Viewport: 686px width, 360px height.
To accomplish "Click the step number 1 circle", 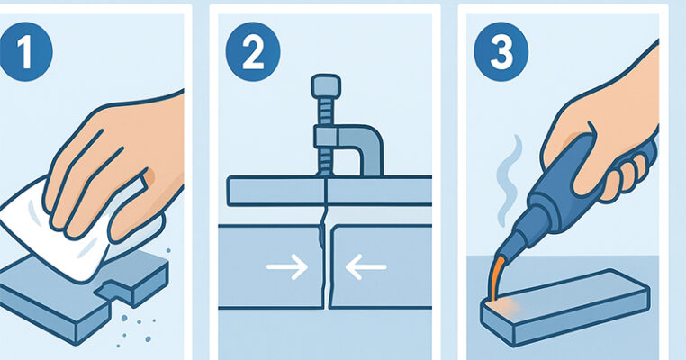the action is (x=25, y=52).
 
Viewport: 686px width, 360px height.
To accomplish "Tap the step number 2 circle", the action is (x=253, y=52).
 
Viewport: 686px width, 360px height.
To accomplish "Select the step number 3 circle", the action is (x=501, y=52).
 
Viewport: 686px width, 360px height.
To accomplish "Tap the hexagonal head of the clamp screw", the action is (x=326, y=86).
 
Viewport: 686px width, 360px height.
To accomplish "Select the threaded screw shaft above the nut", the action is (x=326, y=112).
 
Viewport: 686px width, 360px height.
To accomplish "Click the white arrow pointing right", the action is (x=287, y=266).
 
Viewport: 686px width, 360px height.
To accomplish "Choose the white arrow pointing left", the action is (x=366, y=266).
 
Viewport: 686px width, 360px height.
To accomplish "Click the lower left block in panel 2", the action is (x=270, y=266).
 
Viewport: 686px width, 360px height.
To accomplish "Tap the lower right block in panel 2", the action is (x=381, y=266).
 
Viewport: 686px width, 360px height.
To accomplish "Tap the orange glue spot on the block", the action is (x=503, y=307).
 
